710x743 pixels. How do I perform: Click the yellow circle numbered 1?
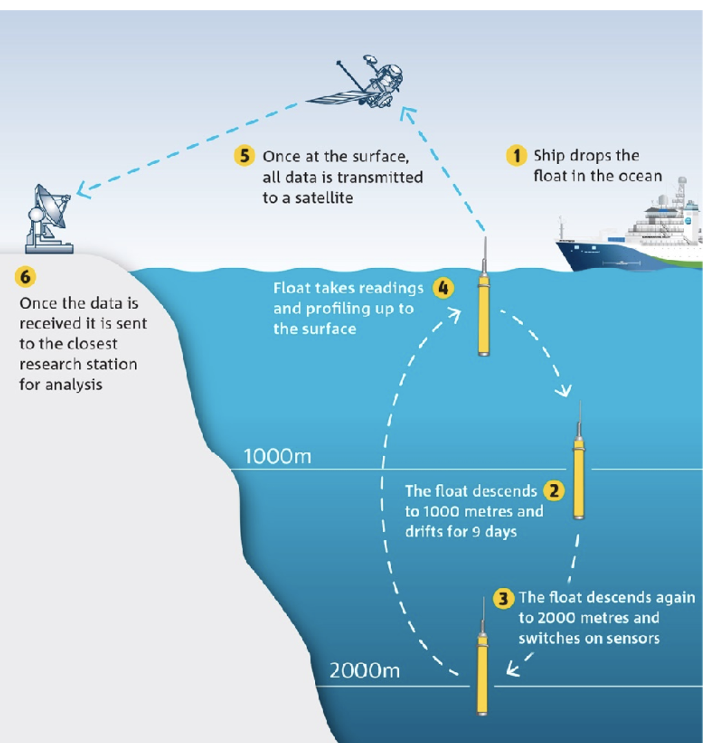click(516, 156)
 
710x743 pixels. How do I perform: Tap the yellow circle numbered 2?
click(554, 490)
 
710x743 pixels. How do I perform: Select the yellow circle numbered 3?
click(504, 598)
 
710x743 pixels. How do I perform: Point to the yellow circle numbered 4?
click(443, 288)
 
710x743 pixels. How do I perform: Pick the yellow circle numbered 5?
click(244, 156)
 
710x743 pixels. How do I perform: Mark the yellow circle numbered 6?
click(25, 277)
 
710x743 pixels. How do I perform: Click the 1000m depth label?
click(277, 457)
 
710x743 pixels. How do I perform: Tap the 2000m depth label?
click(365, 671)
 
